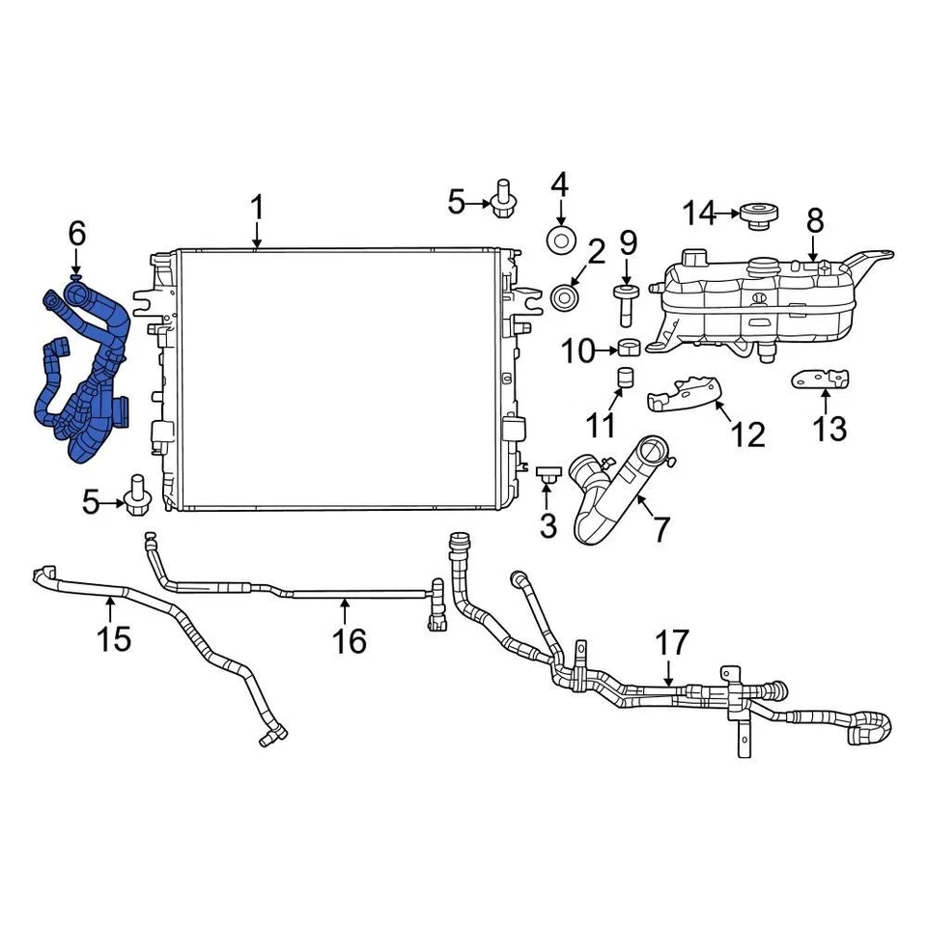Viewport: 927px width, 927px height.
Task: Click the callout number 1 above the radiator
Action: (257, 207)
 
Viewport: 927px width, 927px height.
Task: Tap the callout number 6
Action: (77, 233)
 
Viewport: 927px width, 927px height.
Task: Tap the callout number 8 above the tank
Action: (814, 220)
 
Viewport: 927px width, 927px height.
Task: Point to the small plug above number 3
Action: (548, 473)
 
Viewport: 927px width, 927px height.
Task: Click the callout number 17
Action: (672, 643)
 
